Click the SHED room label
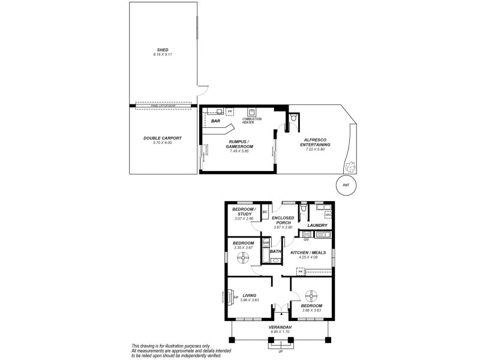pyautogui.click(x=163, y=50)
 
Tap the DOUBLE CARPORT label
pyautogui.click(x=163, y=138)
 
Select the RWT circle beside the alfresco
pyautogui.click(x=346, y=185)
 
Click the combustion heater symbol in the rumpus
pyautogui.click(x=252, y=112)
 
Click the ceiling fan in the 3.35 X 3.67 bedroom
pyautogui.click(x=243, y=257)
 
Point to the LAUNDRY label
pyautogui.click(x=317, y=226)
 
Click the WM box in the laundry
pyautogui.click(x=328, y=215)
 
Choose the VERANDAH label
pyautogui.click(x=280, y=327)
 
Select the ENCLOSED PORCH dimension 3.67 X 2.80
pyautogui.click(x=282, y=227)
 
